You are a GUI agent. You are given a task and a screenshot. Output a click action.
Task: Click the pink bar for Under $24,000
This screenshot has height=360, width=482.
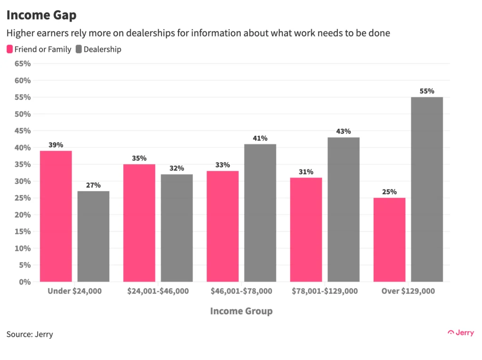56,216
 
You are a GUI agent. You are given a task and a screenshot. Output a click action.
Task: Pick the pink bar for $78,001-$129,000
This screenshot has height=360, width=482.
306,230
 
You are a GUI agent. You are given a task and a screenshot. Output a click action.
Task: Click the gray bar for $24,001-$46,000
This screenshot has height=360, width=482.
177,228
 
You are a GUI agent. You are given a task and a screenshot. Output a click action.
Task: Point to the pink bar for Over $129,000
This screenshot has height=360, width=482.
389,240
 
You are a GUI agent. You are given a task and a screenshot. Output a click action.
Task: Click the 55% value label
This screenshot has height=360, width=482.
427,91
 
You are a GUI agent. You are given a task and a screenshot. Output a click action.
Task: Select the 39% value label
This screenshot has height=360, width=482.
56,145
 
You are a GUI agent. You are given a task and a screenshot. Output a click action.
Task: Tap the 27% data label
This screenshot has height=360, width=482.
93,185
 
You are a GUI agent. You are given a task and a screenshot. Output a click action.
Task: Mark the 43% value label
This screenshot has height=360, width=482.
344,131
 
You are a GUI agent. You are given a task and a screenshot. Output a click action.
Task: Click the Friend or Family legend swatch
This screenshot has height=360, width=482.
9,49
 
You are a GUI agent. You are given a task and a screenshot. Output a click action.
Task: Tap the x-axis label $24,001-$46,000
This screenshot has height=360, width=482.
158,291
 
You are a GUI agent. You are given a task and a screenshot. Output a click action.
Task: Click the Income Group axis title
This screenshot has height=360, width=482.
241,311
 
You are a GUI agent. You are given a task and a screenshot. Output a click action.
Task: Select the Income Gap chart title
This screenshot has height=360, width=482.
41,15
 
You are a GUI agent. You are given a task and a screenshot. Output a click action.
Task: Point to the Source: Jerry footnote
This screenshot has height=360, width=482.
30,335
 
